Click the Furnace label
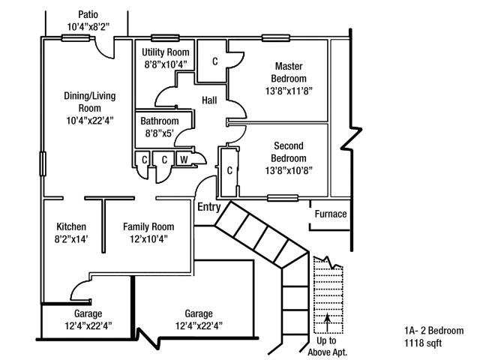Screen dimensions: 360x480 pos(330,214)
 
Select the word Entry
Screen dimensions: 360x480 pos(208,208)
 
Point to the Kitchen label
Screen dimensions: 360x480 pos(71,226)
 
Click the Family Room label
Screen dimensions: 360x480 pos(148,226)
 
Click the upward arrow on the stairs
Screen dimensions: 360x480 pos(327,322)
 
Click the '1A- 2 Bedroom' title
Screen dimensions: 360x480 pos(434,331)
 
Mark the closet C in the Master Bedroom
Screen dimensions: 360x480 pos(214,61)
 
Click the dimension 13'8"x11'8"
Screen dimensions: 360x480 pos(288,91)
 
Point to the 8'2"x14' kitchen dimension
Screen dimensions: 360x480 pos(71,239)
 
